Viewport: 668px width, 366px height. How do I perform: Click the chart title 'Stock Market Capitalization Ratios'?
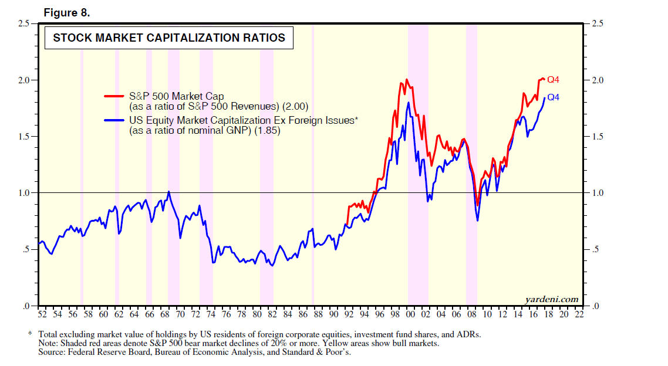click(x=169, y=38)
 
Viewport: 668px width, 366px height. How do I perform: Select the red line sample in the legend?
click(x=115, y=96)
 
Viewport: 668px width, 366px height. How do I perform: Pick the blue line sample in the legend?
click(x=115, y=121)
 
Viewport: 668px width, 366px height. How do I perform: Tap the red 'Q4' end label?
click(x=553, y=80)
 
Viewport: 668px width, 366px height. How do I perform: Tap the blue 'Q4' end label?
click(x=553, y=97)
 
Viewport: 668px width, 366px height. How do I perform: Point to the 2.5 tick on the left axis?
click(x=24, y=23)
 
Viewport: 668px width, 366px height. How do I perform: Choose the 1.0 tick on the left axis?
click(x=24, y=193)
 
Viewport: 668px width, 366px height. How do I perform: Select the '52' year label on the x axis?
click(x=42, y=315)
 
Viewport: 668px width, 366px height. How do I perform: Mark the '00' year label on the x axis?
click(x=411, y=315)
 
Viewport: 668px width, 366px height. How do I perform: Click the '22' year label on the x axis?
click(x=579, y=315)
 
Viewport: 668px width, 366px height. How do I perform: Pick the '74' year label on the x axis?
click(x=211, y=315)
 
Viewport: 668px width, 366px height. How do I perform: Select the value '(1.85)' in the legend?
click(x=266, y=131)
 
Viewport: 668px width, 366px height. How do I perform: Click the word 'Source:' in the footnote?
click(x=52, y=352)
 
